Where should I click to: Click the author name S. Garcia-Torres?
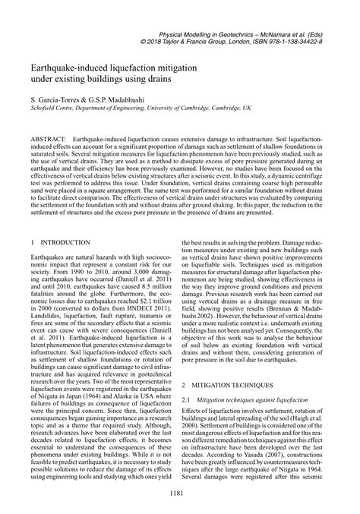coord(53,100)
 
